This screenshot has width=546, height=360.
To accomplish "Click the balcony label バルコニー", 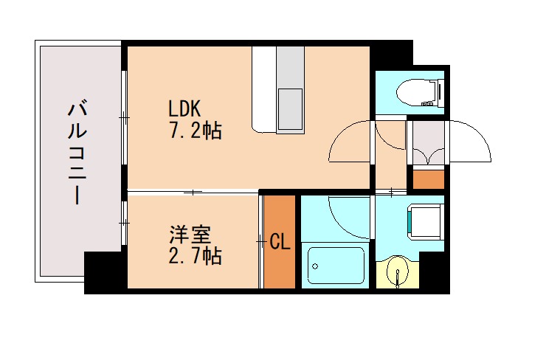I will pos(76,154).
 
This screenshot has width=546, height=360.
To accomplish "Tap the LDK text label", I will pos(184,108).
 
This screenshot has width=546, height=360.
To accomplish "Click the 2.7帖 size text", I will pos(196,256).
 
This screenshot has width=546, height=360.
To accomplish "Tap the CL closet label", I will pos(280,241).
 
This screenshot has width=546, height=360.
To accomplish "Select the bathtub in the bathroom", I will pos(336,265).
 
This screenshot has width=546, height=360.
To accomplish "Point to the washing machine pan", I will pos(424,221).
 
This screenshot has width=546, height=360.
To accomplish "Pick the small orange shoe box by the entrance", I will pos(428,179).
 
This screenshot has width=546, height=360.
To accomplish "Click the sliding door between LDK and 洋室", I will pos(193,193).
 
